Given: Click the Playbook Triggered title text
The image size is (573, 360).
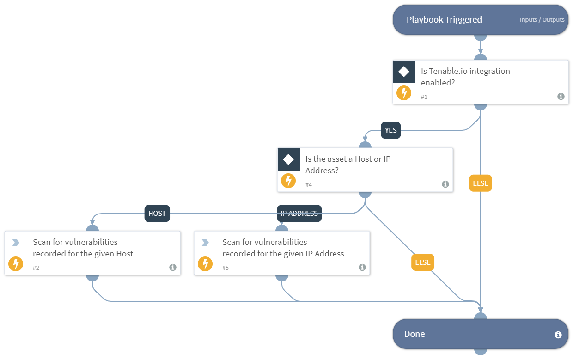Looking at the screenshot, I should (x=444, y=20).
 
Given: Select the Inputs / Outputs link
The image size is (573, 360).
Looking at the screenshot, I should (x=542, y=20).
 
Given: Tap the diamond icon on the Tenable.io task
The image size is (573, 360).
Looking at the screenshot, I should (x=404, y=72).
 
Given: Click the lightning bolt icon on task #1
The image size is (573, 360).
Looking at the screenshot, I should (x=404, y=93).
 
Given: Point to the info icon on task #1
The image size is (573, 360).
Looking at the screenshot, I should (x=561, y=97).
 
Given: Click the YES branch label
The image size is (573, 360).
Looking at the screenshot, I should (x=390, y=130).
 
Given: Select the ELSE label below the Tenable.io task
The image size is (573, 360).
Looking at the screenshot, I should (x=481, y=183).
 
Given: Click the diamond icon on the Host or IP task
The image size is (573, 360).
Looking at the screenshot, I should (x=288, y=159).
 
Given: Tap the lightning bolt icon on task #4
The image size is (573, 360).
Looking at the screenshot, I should (x=288, y=181).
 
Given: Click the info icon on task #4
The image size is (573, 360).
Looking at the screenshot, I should (x=445, y=184).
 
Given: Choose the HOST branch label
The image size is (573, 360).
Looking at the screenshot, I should (x=157, y=214).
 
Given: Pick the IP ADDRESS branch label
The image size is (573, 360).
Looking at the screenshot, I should (x=299, y=214).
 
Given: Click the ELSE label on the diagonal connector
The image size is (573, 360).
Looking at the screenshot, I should (x=422, y=262).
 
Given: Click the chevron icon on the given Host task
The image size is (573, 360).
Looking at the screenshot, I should (x=16, y=243).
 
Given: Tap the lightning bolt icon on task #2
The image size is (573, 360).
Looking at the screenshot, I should (x=16, y=264).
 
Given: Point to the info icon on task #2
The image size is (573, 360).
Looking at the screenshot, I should (x=172, y=268).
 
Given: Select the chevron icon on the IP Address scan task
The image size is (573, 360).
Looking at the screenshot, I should (x=205, y=243).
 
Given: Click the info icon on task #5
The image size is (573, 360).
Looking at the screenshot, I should (x=362, y=268).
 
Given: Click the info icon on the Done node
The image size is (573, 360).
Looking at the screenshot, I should (x=558, y=335).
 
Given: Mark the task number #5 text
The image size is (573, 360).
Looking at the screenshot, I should (x=226, y=268).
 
